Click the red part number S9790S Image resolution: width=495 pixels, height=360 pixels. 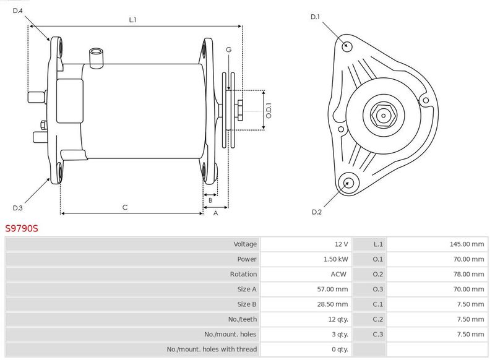(22, 228)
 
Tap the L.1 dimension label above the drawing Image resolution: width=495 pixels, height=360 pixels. (132, 20)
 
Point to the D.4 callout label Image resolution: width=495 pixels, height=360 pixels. (18, 11)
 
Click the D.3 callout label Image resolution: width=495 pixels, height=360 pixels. (18, 208)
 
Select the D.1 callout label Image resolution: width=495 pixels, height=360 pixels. (315, 17)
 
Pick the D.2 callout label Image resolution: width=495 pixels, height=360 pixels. (317, 212)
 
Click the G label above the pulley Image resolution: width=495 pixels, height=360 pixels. (228, 49)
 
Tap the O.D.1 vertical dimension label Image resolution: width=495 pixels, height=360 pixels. (269, 111)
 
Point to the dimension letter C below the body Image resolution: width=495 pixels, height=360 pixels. (125, 207)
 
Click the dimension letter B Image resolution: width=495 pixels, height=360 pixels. (210, 200)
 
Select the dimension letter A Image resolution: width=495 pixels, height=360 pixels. (215, 213)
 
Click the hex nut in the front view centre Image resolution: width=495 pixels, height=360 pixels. (383, 116)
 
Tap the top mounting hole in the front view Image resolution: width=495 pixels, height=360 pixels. (347, 46)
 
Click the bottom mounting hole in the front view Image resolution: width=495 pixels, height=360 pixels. (348, 183)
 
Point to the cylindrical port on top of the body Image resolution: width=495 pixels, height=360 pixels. (97, 58)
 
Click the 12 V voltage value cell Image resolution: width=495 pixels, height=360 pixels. (342, 244)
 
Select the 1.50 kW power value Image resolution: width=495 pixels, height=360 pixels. (336, 259)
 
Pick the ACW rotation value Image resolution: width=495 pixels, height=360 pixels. (338, 275)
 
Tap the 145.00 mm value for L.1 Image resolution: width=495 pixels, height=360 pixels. (467, 244)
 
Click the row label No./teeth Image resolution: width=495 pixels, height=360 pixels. (243, 320)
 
